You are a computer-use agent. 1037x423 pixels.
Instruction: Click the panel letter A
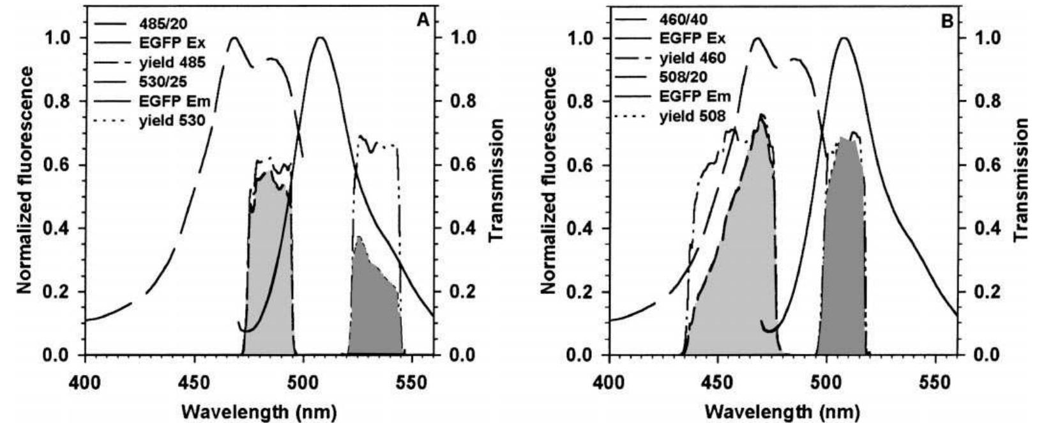tap(422, 21)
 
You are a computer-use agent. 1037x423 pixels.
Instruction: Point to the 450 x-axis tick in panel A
tap(194, 373)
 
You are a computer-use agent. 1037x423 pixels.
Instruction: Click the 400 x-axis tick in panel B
tap(610, 373)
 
